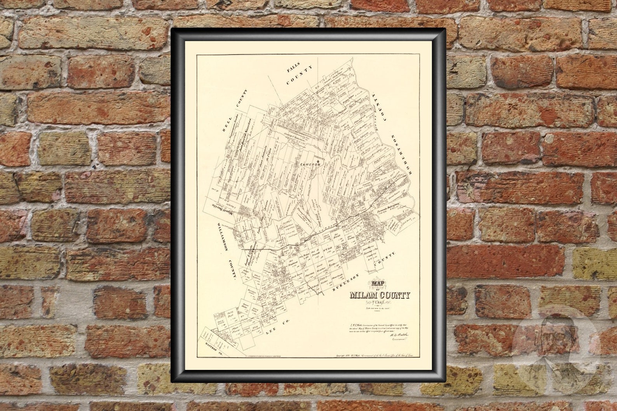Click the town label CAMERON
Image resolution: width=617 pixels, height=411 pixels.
tap(310, 165)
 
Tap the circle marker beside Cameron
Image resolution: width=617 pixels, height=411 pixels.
tap(318, 161)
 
